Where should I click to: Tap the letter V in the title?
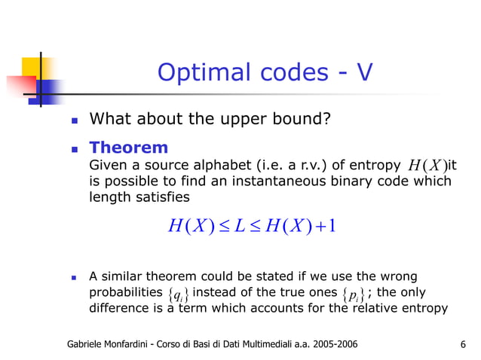point(365,73)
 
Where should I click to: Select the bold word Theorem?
point(128,148)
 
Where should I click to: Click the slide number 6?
point(461,345)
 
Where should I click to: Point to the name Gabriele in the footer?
point(88,345)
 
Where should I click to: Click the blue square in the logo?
point(50,90)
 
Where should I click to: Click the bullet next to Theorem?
point(73,148)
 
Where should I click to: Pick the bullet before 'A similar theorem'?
point(73,277)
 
